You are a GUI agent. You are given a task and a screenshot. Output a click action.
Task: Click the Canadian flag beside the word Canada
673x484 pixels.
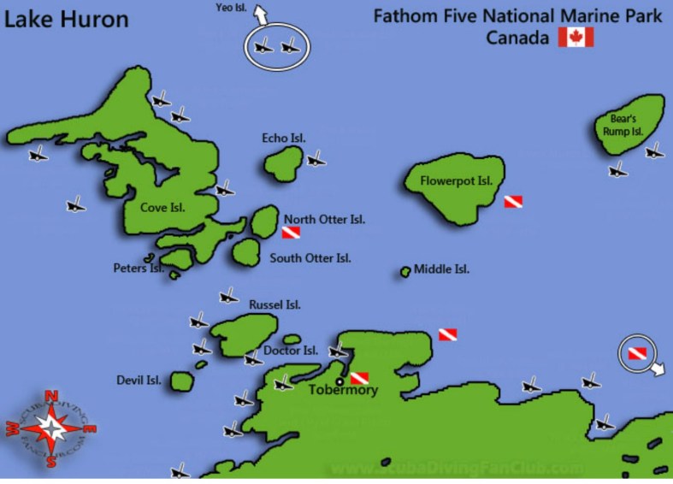(x=576, y=37)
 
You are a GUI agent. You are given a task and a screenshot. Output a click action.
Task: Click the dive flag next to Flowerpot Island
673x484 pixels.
(x=512, y=202)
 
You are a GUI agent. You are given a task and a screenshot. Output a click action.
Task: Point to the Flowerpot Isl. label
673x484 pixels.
(x=457, y=181)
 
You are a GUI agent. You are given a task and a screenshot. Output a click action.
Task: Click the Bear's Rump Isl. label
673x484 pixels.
(x=625, y=126)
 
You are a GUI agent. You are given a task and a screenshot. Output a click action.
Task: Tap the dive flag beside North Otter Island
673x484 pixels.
(x=291, y=233)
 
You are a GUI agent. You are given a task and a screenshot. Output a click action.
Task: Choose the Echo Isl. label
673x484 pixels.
(x=284, y=138)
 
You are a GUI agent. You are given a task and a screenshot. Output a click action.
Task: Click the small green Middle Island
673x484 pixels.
(x=405, y=272)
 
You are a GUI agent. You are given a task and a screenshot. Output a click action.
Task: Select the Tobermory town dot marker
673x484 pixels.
(x=339, y=381)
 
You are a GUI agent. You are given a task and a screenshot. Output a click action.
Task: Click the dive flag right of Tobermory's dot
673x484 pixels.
(x=359, y=378)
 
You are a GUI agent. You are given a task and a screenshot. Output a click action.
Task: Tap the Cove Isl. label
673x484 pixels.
(x=162, y=207)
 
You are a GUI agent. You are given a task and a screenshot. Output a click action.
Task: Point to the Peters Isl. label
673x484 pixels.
(x=139, y=268)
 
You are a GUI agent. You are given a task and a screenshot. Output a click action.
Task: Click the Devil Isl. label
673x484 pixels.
(x=139, y=380)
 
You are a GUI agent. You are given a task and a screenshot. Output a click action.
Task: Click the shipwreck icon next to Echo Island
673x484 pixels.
(x=316, y=158)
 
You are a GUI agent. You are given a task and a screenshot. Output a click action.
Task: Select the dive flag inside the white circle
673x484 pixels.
(x=636, y=352)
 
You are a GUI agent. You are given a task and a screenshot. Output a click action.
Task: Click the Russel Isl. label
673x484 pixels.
(x=275, y=304)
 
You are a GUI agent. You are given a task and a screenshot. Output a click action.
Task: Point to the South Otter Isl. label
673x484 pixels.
(x=310, y=257)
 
